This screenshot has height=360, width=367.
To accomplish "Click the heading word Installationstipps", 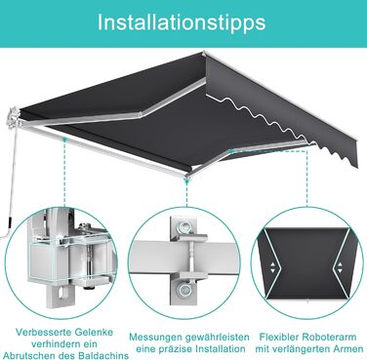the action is (x=182, y=22).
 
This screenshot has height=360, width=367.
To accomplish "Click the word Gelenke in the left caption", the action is (x=94, y=332).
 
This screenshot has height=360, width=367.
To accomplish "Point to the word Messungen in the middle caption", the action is (x=155, y=338).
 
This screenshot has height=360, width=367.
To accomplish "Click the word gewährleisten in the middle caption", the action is (x=217, y=337).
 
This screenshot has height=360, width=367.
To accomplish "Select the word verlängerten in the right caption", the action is (x=304, y=349).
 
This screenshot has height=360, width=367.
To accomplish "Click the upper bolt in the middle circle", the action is (x=184, y=225).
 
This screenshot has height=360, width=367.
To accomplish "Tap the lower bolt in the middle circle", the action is (x=184, y=290).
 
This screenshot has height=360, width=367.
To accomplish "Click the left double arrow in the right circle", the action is (x=272, y=267).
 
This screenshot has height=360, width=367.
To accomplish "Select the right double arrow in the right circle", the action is (x=340, y=267).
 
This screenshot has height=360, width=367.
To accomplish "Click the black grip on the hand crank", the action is (x=10, y=222).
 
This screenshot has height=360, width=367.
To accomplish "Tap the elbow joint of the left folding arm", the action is (x=141, y=114).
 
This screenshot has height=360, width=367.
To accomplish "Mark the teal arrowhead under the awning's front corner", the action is (x=186, y=182).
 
